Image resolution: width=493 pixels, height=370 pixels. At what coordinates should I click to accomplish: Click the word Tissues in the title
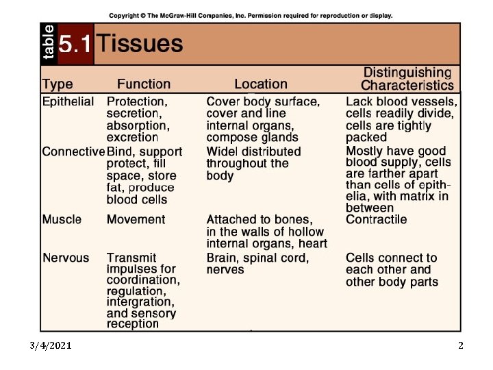point(140,44)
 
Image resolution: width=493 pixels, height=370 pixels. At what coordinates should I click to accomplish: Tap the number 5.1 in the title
point(75,45)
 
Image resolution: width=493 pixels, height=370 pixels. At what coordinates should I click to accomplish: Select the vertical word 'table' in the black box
point(49,44)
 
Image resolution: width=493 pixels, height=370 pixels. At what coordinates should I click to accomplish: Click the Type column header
point(58,84)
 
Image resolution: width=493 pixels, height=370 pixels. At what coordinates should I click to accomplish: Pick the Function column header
point(144,84)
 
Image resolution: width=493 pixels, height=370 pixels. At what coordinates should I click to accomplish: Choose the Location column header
point(260,84)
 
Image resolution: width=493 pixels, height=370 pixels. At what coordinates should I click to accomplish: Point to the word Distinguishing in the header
point(407,73)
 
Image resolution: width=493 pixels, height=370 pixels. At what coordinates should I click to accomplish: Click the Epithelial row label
point(68,101)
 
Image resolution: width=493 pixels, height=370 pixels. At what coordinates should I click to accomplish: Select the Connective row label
point(73,151)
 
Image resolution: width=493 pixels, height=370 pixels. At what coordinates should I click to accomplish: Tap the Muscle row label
point(62,219)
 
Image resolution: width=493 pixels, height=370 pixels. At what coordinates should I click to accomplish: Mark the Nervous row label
point(66,258)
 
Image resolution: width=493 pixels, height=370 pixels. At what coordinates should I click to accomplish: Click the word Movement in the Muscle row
point(136,219)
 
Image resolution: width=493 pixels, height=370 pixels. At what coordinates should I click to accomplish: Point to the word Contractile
point(376,219)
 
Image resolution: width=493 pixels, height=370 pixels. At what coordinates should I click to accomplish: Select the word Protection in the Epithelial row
point(136,101)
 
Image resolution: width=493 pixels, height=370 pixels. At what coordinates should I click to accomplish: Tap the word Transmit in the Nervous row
point(131,258)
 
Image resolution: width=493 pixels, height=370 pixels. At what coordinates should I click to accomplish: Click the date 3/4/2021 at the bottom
point(50,345)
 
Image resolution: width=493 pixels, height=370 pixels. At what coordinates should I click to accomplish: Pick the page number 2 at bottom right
point(461,345)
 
